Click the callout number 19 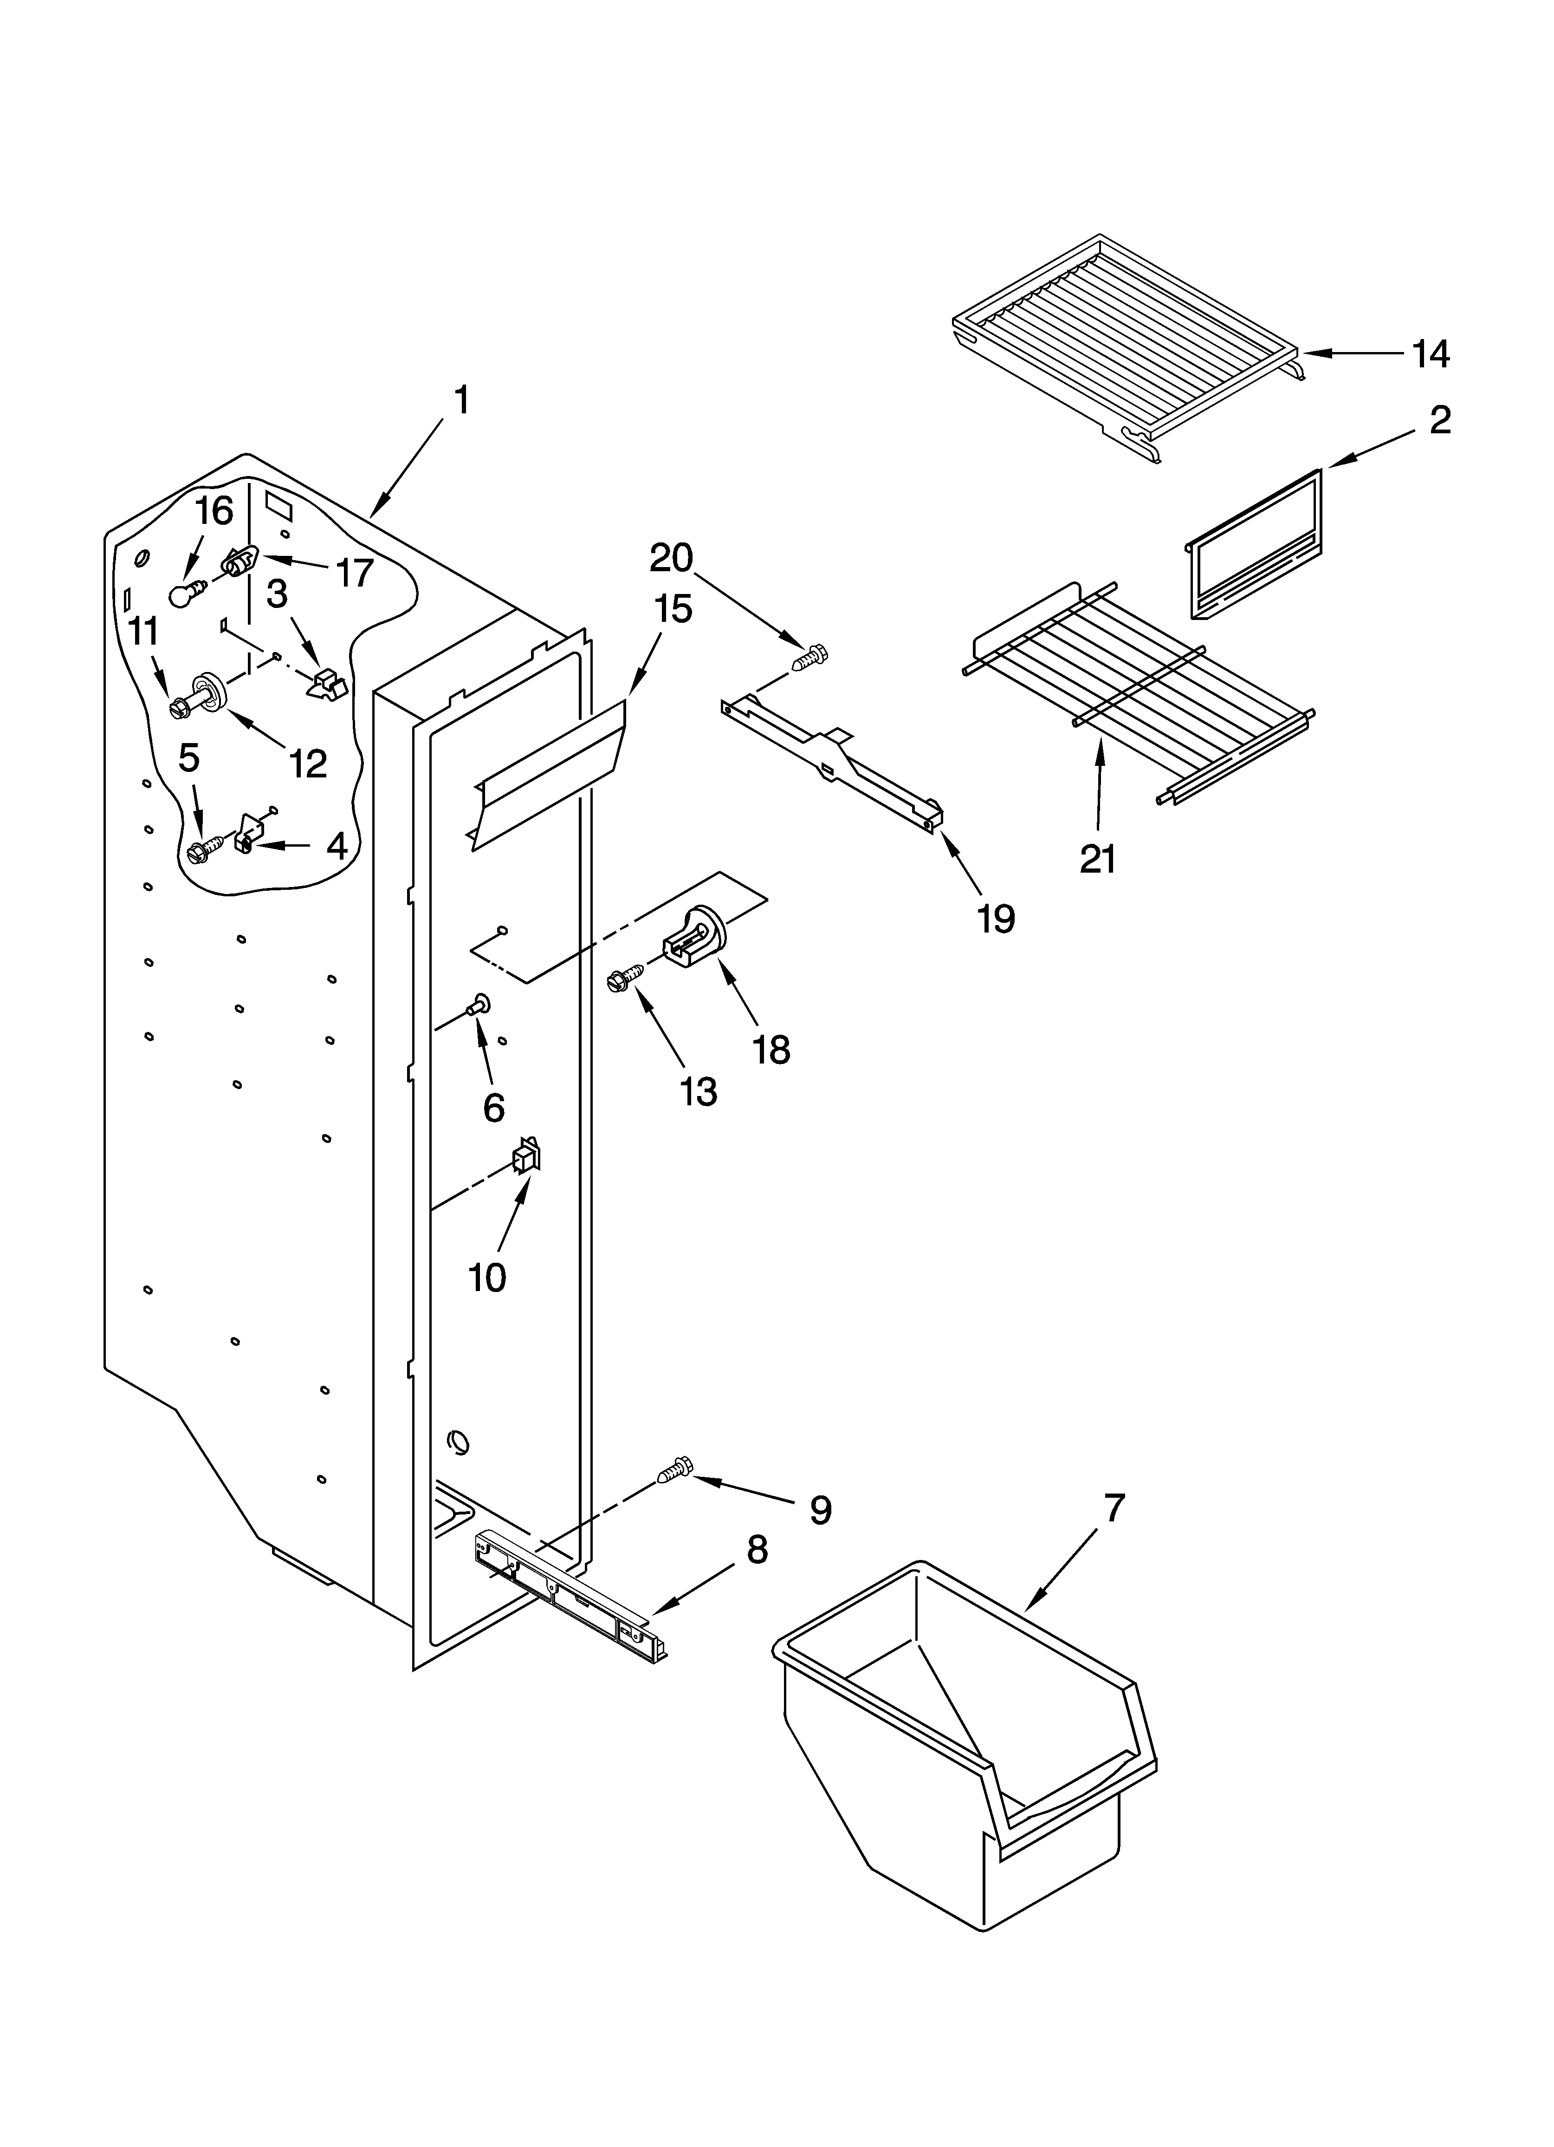point(996,917)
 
